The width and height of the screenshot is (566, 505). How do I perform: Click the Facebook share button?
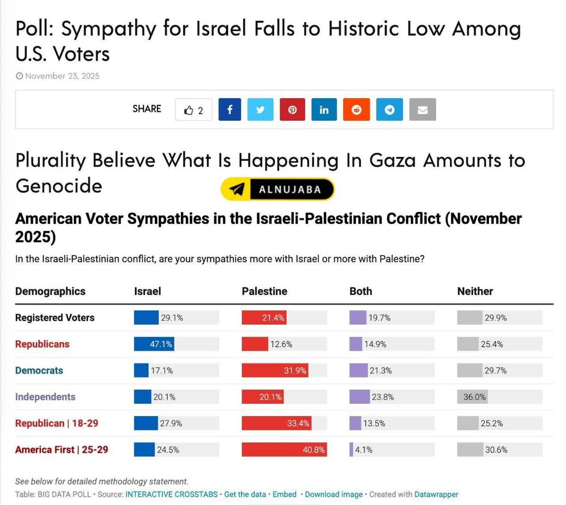(230, 109)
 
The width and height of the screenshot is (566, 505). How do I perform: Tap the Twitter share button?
(260, 109)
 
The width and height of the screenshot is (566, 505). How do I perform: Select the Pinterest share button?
(292, 109)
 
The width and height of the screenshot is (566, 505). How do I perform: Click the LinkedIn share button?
(324, 109)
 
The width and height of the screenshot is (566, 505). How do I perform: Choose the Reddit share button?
(357, 109)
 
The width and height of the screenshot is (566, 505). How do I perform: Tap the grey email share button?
(423, 109)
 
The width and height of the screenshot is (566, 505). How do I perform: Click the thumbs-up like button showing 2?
(194, 110)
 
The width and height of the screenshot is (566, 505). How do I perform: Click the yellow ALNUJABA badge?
(277, 189)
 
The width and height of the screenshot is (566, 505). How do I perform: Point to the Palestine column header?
(264, 291)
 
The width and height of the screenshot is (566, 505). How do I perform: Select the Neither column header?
(475, 291)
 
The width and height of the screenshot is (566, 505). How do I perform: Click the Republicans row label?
(42, 344)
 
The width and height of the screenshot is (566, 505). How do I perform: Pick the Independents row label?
(45, 397)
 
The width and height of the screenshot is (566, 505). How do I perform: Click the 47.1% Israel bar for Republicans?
(154, 344)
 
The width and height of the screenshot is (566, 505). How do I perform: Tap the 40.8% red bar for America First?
(284, 450)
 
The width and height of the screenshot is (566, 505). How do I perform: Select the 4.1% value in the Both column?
(364, 450)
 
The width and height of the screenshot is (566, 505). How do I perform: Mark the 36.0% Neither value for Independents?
(474, 397)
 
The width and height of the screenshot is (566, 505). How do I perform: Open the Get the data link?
(245, 494)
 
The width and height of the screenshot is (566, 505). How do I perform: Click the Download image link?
(333, 494)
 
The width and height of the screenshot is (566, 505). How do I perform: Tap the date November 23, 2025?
(62, 76)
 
